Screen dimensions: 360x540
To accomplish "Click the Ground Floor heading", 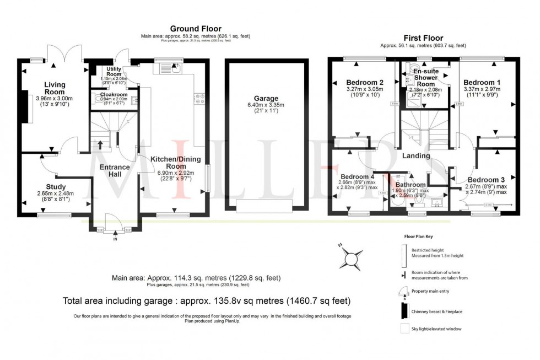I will [195, 29].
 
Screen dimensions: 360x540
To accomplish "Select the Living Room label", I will [55, 88].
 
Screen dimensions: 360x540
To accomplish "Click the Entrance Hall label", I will [114, 171].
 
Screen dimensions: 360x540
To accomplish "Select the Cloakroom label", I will [114, 94].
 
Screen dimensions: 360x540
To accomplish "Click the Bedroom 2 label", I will [364, 82].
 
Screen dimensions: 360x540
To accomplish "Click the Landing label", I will [415, 156].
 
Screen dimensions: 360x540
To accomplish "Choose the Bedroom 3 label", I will [486, 180].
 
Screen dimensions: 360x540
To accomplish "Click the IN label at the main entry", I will [115, 240].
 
